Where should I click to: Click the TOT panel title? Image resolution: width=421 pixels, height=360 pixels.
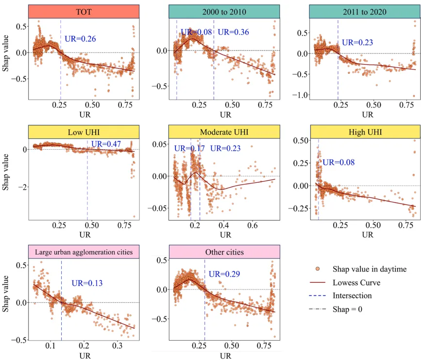84,12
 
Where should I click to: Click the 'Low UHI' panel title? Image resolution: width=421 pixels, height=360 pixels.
84,132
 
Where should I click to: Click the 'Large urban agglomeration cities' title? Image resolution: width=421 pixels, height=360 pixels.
84,252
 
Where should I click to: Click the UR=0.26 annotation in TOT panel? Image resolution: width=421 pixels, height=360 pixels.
81,38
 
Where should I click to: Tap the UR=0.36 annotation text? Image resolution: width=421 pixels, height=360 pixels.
233,32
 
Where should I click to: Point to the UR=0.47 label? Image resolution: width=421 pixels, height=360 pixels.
105,143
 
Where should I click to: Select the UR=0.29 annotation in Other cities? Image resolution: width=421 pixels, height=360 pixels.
225,274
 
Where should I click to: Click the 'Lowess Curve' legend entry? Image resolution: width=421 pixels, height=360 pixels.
356,283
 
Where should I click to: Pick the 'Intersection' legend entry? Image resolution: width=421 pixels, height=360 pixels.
352,295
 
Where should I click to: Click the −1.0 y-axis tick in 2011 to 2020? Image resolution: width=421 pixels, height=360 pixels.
303,94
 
